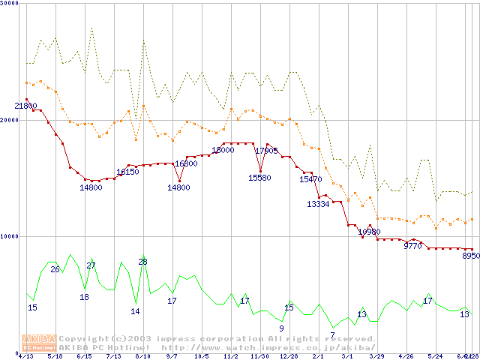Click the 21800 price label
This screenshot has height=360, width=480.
(25, 106)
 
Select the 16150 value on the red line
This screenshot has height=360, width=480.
(127, 172)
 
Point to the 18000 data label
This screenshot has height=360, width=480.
(223, 150)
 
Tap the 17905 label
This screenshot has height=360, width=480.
(266, 151)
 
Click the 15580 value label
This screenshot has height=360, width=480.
(259, 178)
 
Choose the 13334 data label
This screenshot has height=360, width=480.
(318, 204)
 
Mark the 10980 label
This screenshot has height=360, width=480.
(369, 232)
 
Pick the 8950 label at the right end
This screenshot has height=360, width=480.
(471, 256)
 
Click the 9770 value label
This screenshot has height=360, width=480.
(413, 245)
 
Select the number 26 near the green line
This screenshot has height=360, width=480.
(55, 269)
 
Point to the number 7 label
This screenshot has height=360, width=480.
(332, 334)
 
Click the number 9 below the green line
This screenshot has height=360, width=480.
(281, 328)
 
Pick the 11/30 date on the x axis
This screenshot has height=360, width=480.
(259, 356)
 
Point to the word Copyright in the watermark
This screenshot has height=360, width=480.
(84, 338)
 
